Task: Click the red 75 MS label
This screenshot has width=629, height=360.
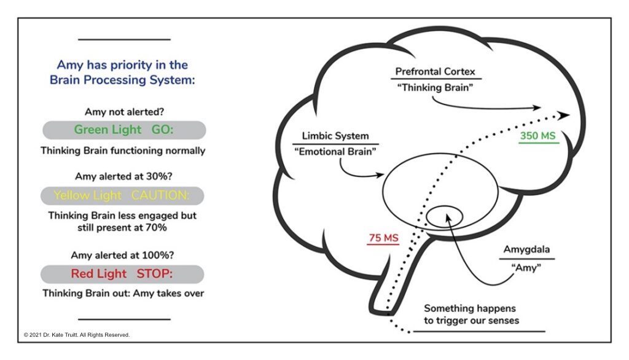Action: coord(383,237)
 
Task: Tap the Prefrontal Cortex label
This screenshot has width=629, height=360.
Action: coord(435,71)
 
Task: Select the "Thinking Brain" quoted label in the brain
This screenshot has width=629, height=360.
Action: coord(435,87)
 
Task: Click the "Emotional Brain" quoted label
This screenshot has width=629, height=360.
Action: coord(335,152)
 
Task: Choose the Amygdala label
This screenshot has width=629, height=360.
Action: coord(527,251)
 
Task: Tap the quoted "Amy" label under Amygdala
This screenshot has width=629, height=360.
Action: coord(527,268)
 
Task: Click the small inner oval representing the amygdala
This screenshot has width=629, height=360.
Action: coord(445,216)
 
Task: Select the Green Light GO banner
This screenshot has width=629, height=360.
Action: coord(123,130)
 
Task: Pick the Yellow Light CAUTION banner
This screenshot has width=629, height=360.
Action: coord(123,195)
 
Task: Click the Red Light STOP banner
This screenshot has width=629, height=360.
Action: coord(123,273)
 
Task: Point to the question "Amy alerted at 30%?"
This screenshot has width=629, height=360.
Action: coord(123,175)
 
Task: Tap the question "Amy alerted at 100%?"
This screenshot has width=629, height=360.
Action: coord(123,254)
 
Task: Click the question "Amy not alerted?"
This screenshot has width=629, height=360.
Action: coord(123,111)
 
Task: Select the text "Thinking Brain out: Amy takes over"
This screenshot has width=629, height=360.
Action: coord(123,293)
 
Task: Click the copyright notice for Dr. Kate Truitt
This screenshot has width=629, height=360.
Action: coord(77,335)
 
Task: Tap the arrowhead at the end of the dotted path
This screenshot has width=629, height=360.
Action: coord(563,115)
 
